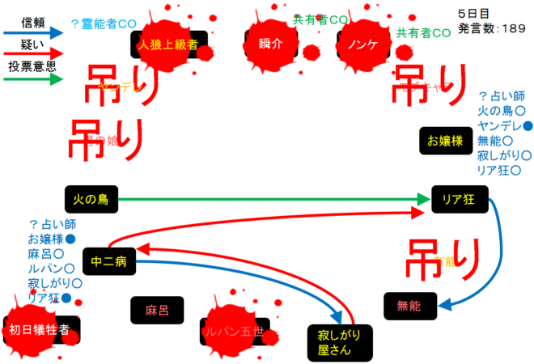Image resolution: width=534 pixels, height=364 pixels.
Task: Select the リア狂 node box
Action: [458, 199]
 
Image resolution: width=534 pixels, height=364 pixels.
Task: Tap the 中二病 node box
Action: [108, 261]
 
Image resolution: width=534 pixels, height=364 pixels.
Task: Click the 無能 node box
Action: [409, 306]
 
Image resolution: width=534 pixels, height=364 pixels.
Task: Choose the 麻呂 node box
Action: [158, 310]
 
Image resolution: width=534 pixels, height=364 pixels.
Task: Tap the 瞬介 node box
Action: [272, 44]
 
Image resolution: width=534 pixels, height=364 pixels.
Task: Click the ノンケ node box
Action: [362, 44]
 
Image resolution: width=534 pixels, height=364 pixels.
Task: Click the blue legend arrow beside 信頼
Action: [32, 33]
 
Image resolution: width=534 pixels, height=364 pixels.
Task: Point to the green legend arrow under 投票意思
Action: [32, 79]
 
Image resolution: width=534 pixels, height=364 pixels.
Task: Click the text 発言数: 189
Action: [491, 28]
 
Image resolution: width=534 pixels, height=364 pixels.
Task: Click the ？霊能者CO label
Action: [104, 24]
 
